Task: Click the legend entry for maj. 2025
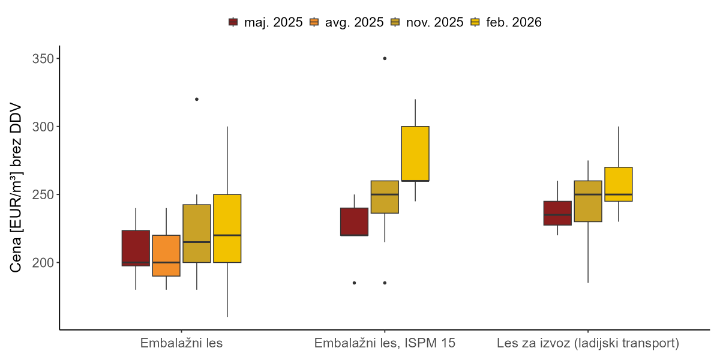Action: point(266,22)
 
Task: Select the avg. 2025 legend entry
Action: point(346,22)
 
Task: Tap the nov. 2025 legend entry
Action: point(427,22)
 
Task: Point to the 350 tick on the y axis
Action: point(43,59)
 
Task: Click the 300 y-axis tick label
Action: point(43,127)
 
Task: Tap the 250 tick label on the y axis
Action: point(43,195)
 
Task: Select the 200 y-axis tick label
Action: point(43,263)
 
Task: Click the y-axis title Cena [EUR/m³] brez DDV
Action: point(17,187)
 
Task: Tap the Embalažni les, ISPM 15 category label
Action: point(385,344)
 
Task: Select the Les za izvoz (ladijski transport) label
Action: point(588,344)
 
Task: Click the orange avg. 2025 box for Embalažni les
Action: point(166,256)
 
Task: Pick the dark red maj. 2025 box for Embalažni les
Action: point(136,248)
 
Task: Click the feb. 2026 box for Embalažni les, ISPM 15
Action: point(415,154)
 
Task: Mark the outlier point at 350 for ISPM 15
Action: point(385,58)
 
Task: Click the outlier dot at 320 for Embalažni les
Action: point(197,99)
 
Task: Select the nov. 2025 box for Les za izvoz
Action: point(588,201)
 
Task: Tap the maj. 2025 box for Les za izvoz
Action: point(557,213)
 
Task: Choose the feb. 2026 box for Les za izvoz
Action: point(619,184)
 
